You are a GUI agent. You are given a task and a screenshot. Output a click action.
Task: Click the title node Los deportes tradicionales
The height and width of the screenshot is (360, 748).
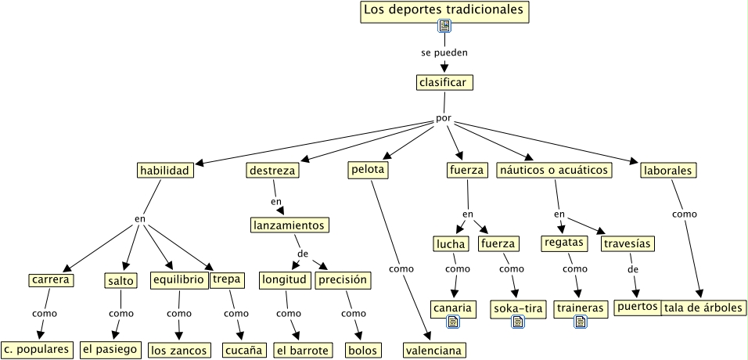click(x=444, y=11)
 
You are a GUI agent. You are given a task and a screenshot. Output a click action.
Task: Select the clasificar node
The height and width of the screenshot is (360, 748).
click(x=444, y=82)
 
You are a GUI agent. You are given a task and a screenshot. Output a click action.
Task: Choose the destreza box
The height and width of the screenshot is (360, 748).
click(x=272, y=170)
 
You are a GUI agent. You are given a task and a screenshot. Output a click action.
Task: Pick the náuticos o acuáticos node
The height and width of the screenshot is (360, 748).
click(x=554, y=170)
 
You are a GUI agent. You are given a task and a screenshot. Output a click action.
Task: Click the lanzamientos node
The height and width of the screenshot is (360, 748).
click(x=289, y=225)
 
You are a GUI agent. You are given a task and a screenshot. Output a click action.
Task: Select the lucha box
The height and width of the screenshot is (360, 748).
click(x=451, y=244)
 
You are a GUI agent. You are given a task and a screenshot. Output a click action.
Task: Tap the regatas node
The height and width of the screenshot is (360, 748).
click(x=564, y=243)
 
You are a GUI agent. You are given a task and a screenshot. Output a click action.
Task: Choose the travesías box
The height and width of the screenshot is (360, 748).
click(x=628, y=243)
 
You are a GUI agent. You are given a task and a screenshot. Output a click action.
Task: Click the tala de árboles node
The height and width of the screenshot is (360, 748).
click(x=703, y=308)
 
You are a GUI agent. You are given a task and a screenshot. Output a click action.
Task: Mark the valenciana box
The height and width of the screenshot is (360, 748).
click(x=434, y=350)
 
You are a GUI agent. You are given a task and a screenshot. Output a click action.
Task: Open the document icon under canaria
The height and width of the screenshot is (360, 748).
click(x=452, y=322)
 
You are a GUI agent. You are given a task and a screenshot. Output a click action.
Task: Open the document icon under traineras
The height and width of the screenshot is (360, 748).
click(x=580, y=322)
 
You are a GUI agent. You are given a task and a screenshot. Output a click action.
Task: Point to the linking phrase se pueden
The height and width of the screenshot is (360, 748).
click(x=444, y=53)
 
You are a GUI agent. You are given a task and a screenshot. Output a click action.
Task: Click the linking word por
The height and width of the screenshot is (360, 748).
click(x=444, y=119)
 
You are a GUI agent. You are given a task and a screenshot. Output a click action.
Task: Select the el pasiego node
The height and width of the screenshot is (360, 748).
click(x=110, y=349)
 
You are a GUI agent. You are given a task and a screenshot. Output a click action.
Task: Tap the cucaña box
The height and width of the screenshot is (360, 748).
click(x=243, y=350)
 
